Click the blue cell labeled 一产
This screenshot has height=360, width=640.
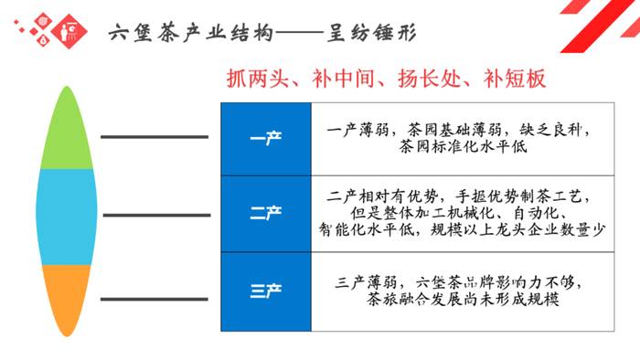(265, 139)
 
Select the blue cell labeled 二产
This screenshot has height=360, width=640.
(265, 213)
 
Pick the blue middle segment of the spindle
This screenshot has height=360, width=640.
(67, 216)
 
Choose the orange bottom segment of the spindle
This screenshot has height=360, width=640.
(67, 298)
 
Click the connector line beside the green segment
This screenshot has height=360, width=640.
(155, 137)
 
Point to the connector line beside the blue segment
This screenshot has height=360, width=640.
(155, 216)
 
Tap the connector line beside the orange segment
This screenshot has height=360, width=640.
(155, 299)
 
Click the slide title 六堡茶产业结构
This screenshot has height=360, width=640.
(190, 35)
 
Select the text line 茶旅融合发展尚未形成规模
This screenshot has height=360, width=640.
(463, 299)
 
